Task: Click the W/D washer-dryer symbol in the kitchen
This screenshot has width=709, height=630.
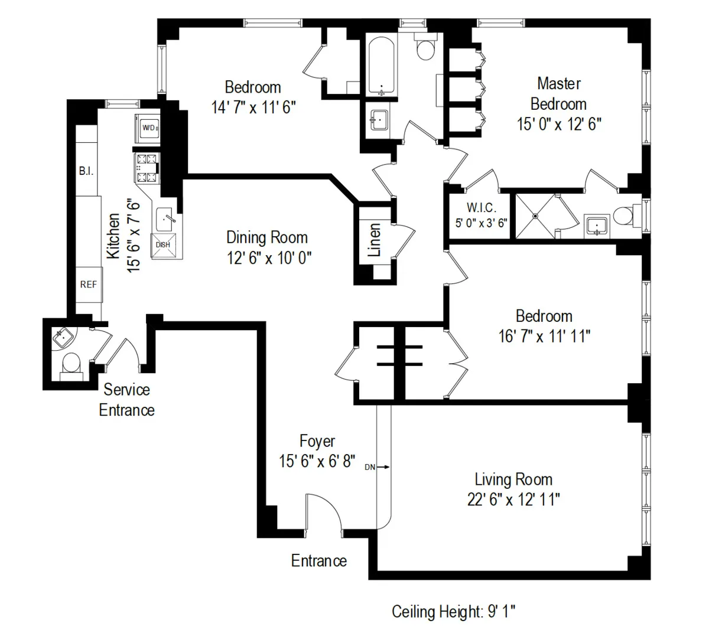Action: coord(148,128)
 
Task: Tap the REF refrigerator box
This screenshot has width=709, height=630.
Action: coord(89,285)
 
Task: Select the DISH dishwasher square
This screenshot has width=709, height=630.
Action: coord(163,245)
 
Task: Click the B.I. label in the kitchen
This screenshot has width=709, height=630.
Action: coord(86,171)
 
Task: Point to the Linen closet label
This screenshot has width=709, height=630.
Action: coord(374,240)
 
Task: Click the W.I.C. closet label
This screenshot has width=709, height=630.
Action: coord(481,208)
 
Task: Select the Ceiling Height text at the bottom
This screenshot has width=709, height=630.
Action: coord(453,611)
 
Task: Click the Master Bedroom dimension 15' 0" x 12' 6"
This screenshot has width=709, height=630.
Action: coord(559,125)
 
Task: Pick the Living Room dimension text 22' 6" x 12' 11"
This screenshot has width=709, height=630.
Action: coord(513,500)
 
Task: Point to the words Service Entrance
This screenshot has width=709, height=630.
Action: coord(126,400)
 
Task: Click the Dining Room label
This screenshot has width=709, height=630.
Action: coord(267,237)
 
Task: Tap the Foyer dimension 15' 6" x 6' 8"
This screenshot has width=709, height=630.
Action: coord(317,461)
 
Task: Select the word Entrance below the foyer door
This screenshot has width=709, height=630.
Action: coord(318,560)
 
